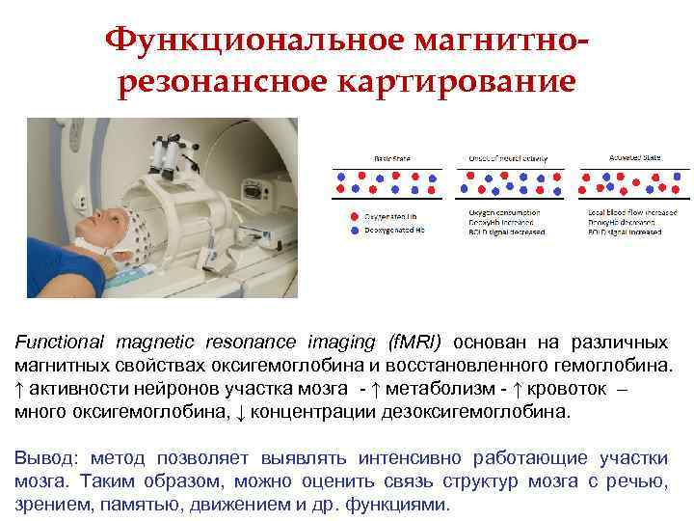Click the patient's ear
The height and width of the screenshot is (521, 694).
click(114, 232)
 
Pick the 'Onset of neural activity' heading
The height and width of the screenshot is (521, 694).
click(503, 157)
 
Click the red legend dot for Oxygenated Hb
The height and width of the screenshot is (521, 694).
click(355, 216)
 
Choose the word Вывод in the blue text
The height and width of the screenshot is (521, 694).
click(42, 458)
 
